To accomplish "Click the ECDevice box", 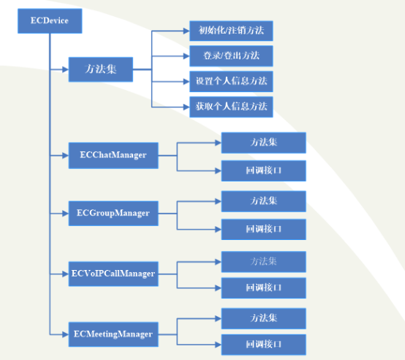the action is coord(50,21).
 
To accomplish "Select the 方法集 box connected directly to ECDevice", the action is coord(101,70).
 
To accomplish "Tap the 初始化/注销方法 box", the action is coord(231,31).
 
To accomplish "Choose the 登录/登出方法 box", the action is coord(231,56).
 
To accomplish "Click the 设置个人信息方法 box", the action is coord(231,81).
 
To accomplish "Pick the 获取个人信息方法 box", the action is coord(231,107).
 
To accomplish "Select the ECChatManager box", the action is coord(113,156).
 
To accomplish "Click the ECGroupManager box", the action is coord(113,214).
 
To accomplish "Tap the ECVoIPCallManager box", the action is coord(113,274).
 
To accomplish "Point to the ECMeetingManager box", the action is coord(113,334).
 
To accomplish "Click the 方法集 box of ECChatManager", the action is coord(264,143).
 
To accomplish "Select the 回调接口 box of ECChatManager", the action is coord(264,170).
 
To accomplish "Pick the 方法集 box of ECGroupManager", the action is coord(264,201).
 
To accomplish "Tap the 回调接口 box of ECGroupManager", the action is coord(264,230).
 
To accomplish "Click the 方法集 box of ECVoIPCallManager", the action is coord(264,262).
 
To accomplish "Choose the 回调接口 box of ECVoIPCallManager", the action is coord(264,288).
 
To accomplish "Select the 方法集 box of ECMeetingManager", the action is coord(264,318).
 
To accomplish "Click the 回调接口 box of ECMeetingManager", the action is coord(264,345).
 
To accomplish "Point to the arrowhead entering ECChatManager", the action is coord(65,156).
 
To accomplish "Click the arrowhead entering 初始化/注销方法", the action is coord(186,31).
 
